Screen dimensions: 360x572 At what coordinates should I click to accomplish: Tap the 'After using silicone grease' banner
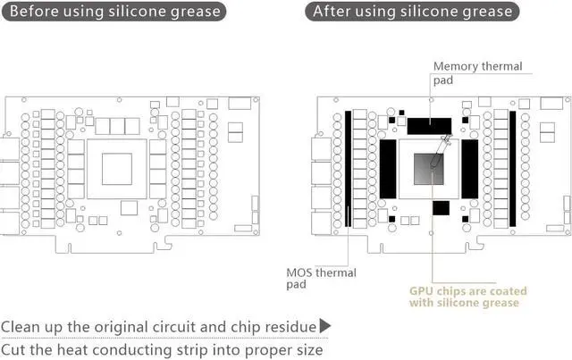click(x=412, y=13)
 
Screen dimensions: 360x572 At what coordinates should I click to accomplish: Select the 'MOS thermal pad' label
click(x=320, y=278)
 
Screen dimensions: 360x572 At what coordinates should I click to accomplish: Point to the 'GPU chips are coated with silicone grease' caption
click(x=467, y=297)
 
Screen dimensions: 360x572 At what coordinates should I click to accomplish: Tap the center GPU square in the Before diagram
click(x=117, y=167)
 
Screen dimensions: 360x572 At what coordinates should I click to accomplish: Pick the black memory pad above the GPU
click(x=429, y=124)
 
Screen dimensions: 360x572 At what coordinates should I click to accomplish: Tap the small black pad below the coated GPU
click(x=441, y=208)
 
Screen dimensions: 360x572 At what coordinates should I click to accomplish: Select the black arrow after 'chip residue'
click(x=325, y=326)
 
